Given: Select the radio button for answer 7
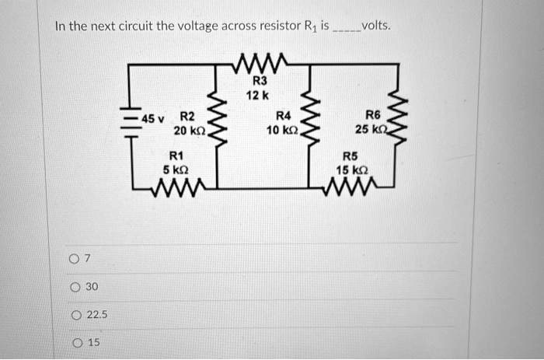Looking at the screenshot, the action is click(74, 259).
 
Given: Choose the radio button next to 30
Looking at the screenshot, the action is click(75, 287).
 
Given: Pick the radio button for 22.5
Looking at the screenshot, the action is click(76, 315).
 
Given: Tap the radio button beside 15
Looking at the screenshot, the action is click(78, 343).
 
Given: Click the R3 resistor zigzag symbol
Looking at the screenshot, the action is click(259, 64).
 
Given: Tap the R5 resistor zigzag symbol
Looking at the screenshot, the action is click(350, 187).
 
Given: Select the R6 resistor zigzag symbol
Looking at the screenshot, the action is click(396, 117).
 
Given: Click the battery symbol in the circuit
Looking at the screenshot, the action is click(131, 122).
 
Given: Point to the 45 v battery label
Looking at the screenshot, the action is click(153, 119).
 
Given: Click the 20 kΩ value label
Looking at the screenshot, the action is click(190, 131).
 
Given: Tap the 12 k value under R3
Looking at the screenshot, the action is click(257, 96).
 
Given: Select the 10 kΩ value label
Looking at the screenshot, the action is click(282, 131).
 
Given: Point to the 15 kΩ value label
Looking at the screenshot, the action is click(352, 170).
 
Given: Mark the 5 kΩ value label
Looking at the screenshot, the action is click(176, 170).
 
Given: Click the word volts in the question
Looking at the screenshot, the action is click(375, 26).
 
